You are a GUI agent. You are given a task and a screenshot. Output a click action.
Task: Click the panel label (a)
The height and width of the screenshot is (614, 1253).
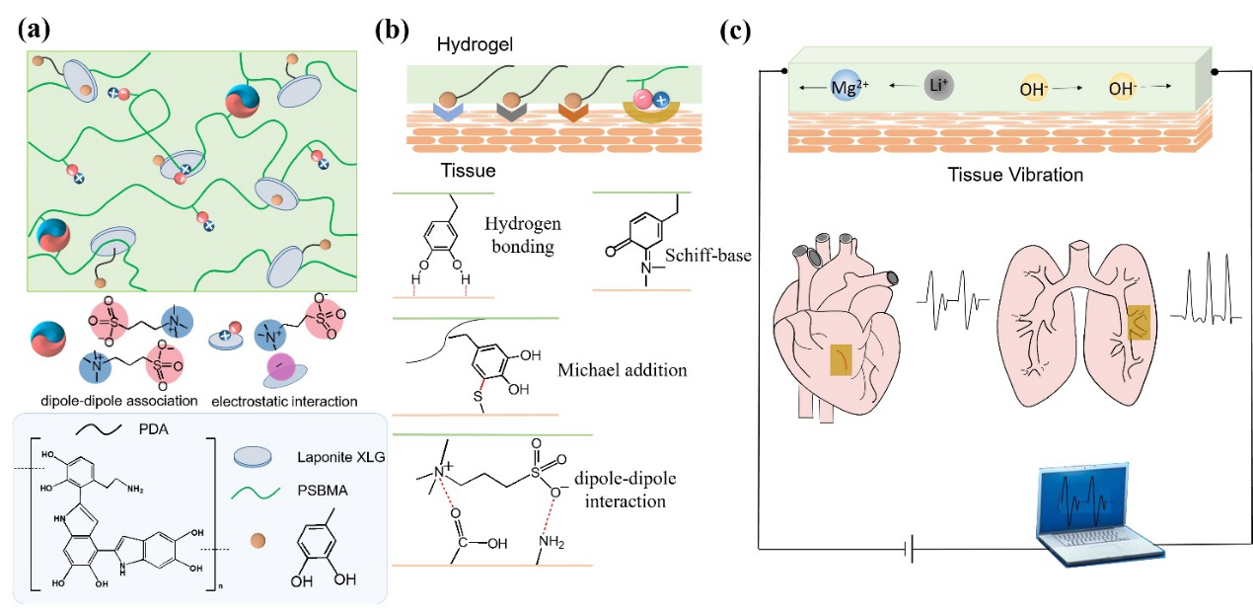pyautogui.click(x=34, y=28)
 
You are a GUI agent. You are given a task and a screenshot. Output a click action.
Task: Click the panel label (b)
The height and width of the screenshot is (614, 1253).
pyautogui.click(x=393, y=28)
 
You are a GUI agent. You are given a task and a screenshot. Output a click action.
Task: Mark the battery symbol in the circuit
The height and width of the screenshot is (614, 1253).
pyautogui.click(x=910, y=550)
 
